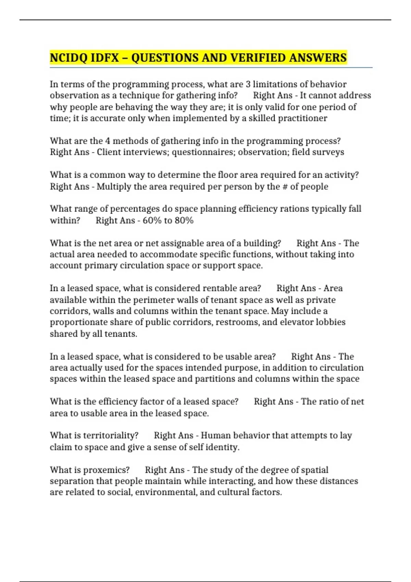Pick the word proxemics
(107, 470)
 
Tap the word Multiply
(114, 187)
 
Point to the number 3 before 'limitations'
(248, 84)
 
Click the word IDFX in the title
(105, 58)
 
